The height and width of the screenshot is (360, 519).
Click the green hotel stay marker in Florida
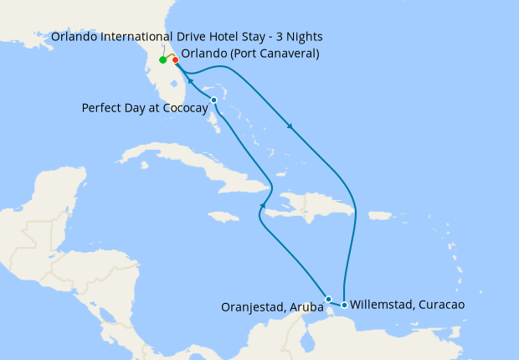click(x=162, y=60)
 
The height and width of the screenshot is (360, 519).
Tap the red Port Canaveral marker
click(x=175, y=60)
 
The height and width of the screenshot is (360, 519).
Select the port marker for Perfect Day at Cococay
click(x=214, y=100)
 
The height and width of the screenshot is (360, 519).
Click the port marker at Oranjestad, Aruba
click(x=329, y=299)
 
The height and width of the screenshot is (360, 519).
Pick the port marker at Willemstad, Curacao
click(x=344, y=305)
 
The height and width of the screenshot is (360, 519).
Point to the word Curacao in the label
click(x=439, y=305)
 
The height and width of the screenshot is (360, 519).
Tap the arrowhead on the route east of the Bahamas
click(x=290, y=128)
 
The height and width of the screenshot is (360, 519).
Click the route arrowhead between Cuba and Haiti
click(x=263, y=205)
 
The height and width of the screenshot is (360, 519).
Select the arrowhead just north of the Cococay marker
click(x=191, y=83)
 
